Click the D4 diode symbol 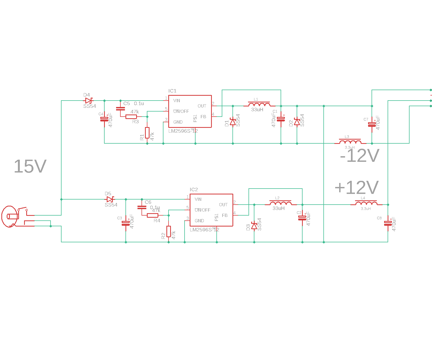pos(89,101)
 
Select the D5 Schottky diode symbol pos(110,199)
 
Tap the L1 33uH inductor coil pos(259,104)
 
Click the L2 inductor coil pos(281,203)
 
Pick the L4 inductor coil pos(366,203)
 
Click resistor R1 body pos(147,133)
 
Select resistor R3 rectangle pos(131,117)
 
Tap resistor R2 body pos(169,231)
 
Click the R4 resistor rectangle pos(152,215)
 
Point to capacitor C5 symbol pos(120,109)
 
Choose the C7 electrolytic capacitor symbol pos(372,124)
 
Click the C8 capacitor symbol pos(388,223)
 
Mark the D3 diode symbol pos(254,226)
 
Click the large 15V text pos(30,166)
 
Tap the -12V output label pos(360,156)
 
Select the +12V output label pos(357,187)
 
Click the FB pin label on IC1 pos(203,117)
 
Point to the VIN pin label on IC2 pos(198,199)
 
